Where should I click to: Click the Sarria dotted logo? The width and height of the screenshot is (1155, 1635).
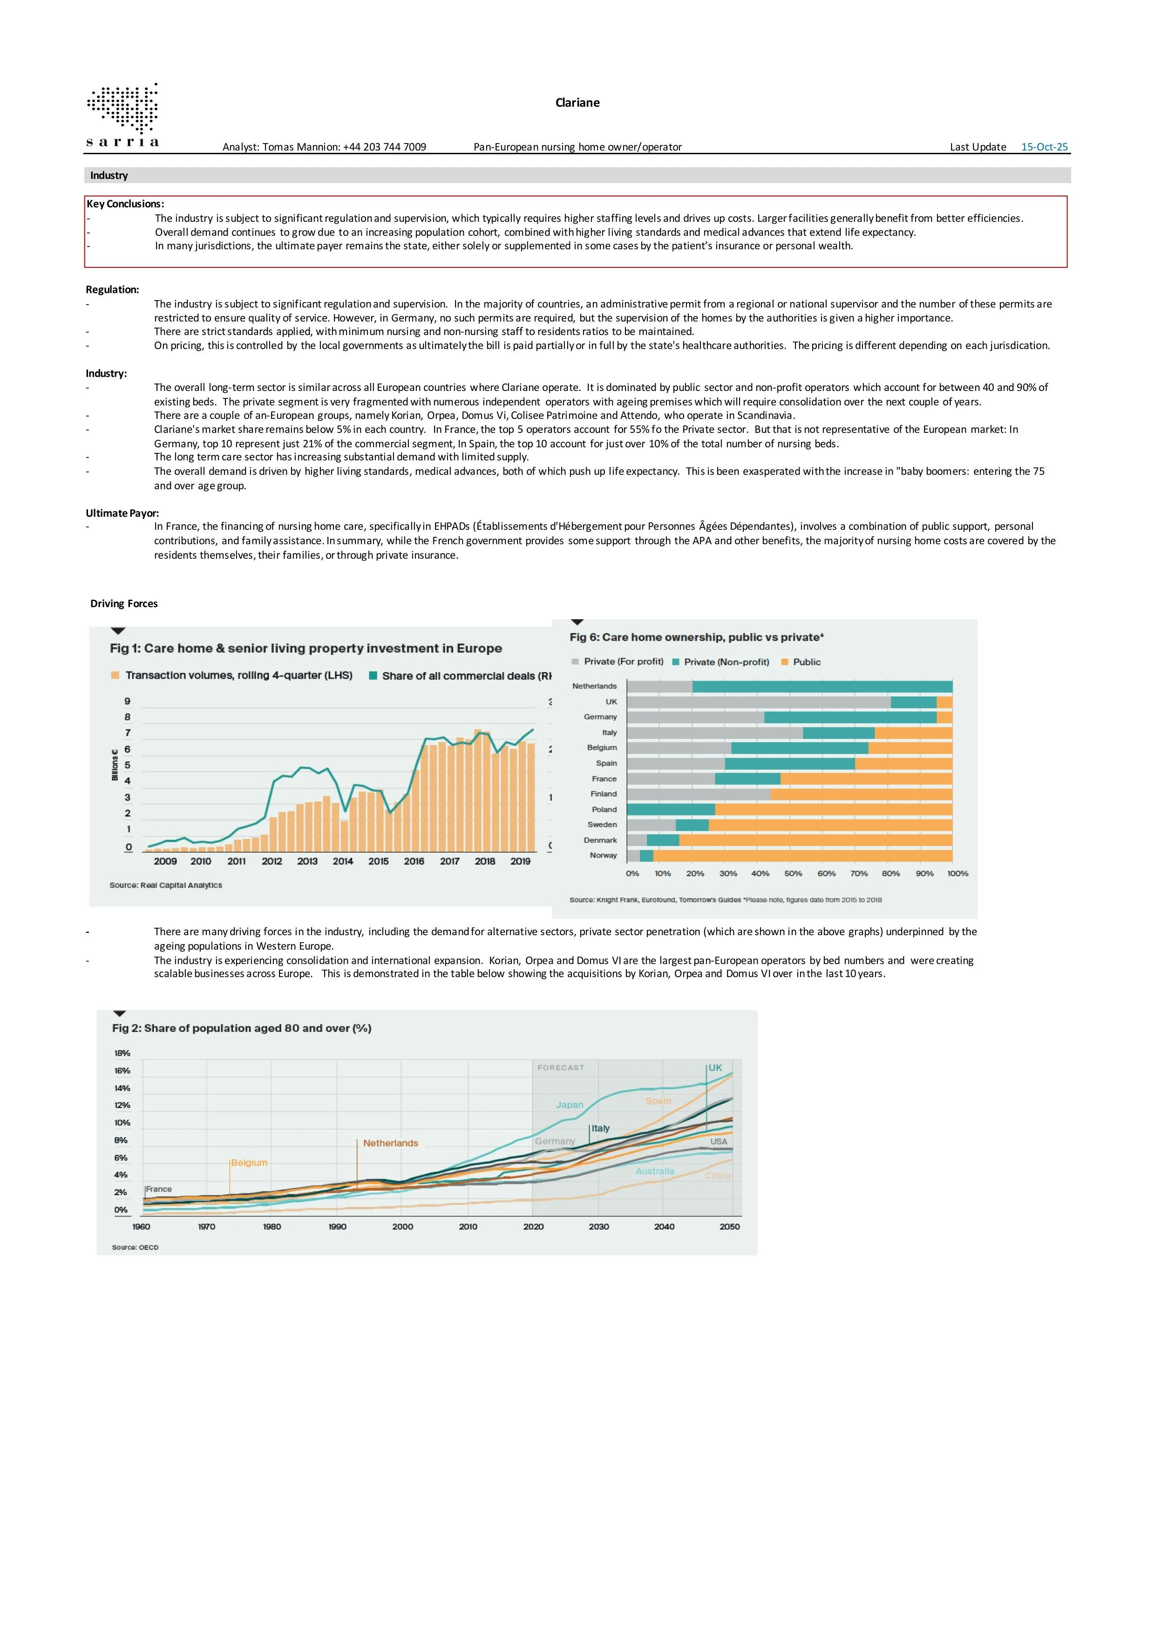tap(122, 115)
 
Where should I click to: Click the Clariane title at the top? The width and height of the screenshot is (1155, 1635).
tap(577, 103)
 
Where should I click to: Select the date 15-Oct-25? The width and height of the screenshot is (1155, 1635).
tap(1044, 147)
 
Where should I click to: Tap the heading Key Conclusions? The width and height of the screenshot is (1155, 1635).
tap(125, 204)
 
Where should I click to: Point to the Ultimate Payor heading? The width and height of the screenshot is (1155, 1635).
tap(122, 513)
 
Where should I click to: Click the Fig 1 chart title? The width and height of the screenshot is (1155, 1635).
tap(306, 648)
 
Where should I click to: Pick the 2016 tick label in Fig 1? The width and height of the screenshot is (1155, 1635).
tap(414, 861)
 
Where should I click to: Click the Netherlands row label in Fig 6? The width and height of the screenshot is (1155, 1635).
tap(594, 686)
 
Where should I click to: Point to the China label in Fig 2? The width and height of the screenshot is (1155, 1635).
tap(717, 1175)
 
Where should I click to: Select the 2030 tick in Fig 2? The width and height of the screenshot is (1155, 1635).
tap(598, 1226)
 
